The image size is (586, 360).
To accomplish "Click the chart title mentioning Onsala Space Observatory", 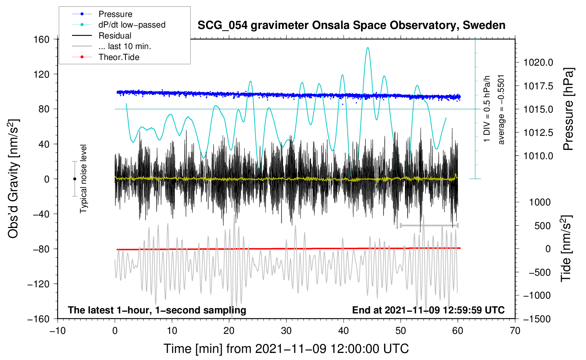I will point(351,25).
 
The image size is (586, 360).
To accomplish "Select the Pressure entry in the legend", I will point(115,14).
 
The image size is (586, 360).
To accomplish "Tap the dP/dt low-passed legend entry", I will point(132,25).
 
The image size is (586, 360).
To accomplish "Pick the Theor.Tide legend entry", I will point(119,57).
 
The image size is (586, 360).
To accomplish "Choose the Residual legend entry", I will point(115,36).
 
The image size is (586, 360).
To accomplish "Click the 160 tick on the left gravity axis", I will point(42,39).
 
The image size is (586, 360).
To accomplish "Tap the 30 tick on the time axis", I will point(286,331).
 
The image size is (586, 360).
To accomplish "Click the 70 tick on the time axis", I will point(515,331).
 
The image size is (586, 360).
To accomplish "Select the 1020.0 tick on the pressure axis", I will point(538,62).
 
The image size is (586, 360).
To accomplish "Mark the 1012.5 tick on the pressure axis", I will point(538,133).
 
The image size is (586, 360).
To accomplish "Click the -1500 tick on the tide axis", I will point(537,319).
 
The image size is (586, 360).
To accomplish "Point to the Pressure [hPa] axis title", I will point(568,109).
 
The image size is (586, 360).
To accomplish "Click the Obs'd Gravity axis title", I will point(13,179).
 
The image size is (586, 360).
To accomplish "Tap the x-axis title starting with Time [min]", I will point(286,349).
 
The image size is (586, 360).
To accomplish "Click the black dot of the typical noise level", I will point(74,179).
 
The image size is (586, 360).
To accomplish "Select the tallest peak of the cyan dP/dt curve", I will point(368,48).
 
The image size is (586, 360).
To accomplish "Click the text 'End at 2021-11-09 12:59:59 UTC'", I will point(428,310).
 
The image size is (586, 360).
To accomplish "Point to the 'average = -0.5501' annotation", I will point(501,109).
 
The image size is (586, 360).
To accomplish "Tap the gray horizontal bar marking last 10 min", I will point(429,225).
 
